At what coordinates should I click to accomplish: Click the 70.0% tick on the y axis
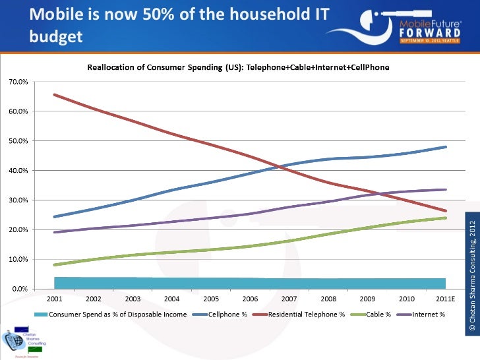pyautogui.click(x=18, y=82)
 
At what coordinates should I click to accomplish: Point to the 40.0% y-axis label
pyautogui.click(x=18, y=171)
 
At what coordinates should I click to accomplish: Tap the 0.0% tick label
pyautogui.click(x=20, y=289)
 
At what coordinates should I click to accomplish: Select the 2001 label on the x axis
pyautogui.click(x=54, y=298)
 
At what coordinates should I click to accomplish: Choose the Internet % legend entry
pyautogui.click(x=428, y=313)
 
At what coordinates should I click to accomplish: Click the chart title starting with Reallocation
pyautogui.click(x=239, y=67)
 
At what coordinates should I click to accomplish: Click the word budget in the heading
pyautogui.click(x=56, y=36)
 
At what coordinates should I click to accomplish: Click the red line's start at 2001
pyautogui.click(x=54, y=94)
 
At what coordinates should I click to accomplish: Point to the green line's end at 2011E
pyautogui.click(x=446, y=218)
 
